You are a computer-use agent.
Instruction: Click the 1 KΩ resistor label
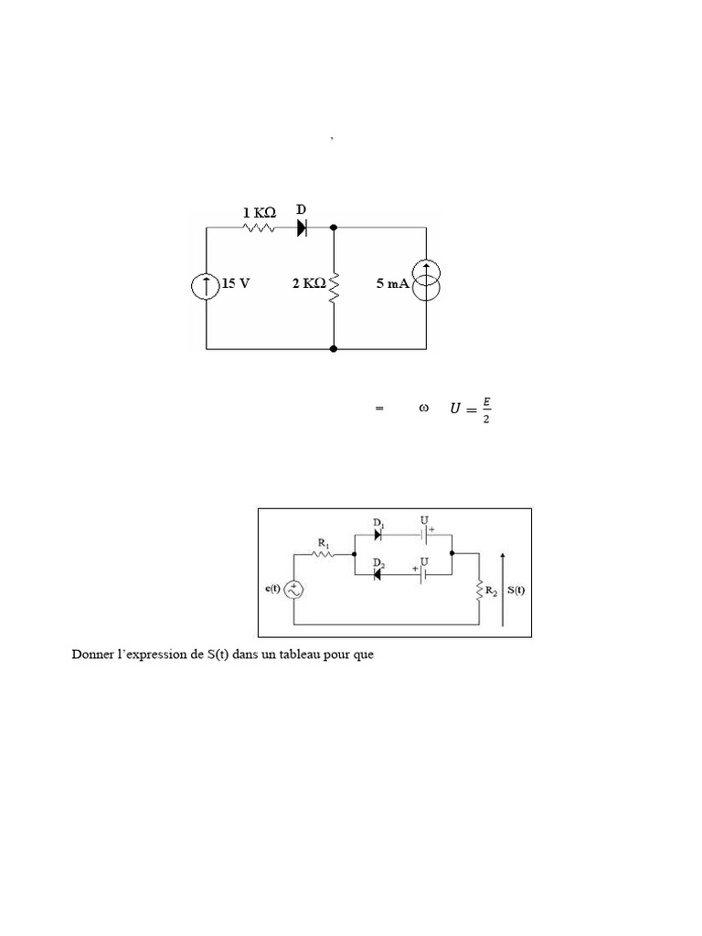click(x=259, y=212)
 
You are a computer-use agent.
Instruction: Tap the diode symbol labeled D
click(x=302, y=228)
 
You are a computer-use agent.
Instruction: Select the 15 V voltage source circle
click(x=206, y=286)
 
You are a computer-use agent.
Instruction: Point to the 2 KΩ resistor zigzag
click(x=334, y=289)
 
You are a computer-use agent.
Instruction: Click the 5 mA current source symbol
click(x=426, y=281)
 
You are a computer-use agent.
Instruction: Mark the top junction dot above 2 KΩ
click(x=334, y=228)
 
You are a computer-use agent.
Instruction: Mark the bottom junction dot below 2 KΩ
click(x=334, y=348)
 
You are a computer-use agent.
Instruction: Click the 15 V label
click(x=236, y=283)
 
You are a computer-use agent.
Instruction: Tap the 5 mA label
click(x=393, y=283)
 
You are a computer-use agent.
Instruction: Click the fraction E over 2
click(x=486, y=410)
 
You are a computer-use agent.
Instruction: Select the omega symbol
click(x=423, y=409)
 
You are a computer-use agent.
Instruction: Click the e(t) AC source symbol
click(x=293, y=590)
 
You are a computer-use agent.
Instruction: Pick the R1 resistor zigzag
click(x=323, y=554)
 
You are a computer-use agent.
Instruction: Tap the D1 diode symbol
click(x=378, y=535)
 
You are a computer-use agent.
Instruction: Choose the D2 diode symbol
click(x=378, y=574)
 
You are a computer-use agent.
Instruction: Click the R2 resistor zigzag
click(x=479, y=590)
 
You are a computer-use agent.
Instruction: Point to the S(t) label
click(x=516, y=590)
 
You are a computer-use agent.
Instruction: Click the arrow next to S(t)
click(x=503, y=590)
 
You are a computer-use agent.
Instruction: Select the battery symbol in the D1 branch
click(x=424, y=535)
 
